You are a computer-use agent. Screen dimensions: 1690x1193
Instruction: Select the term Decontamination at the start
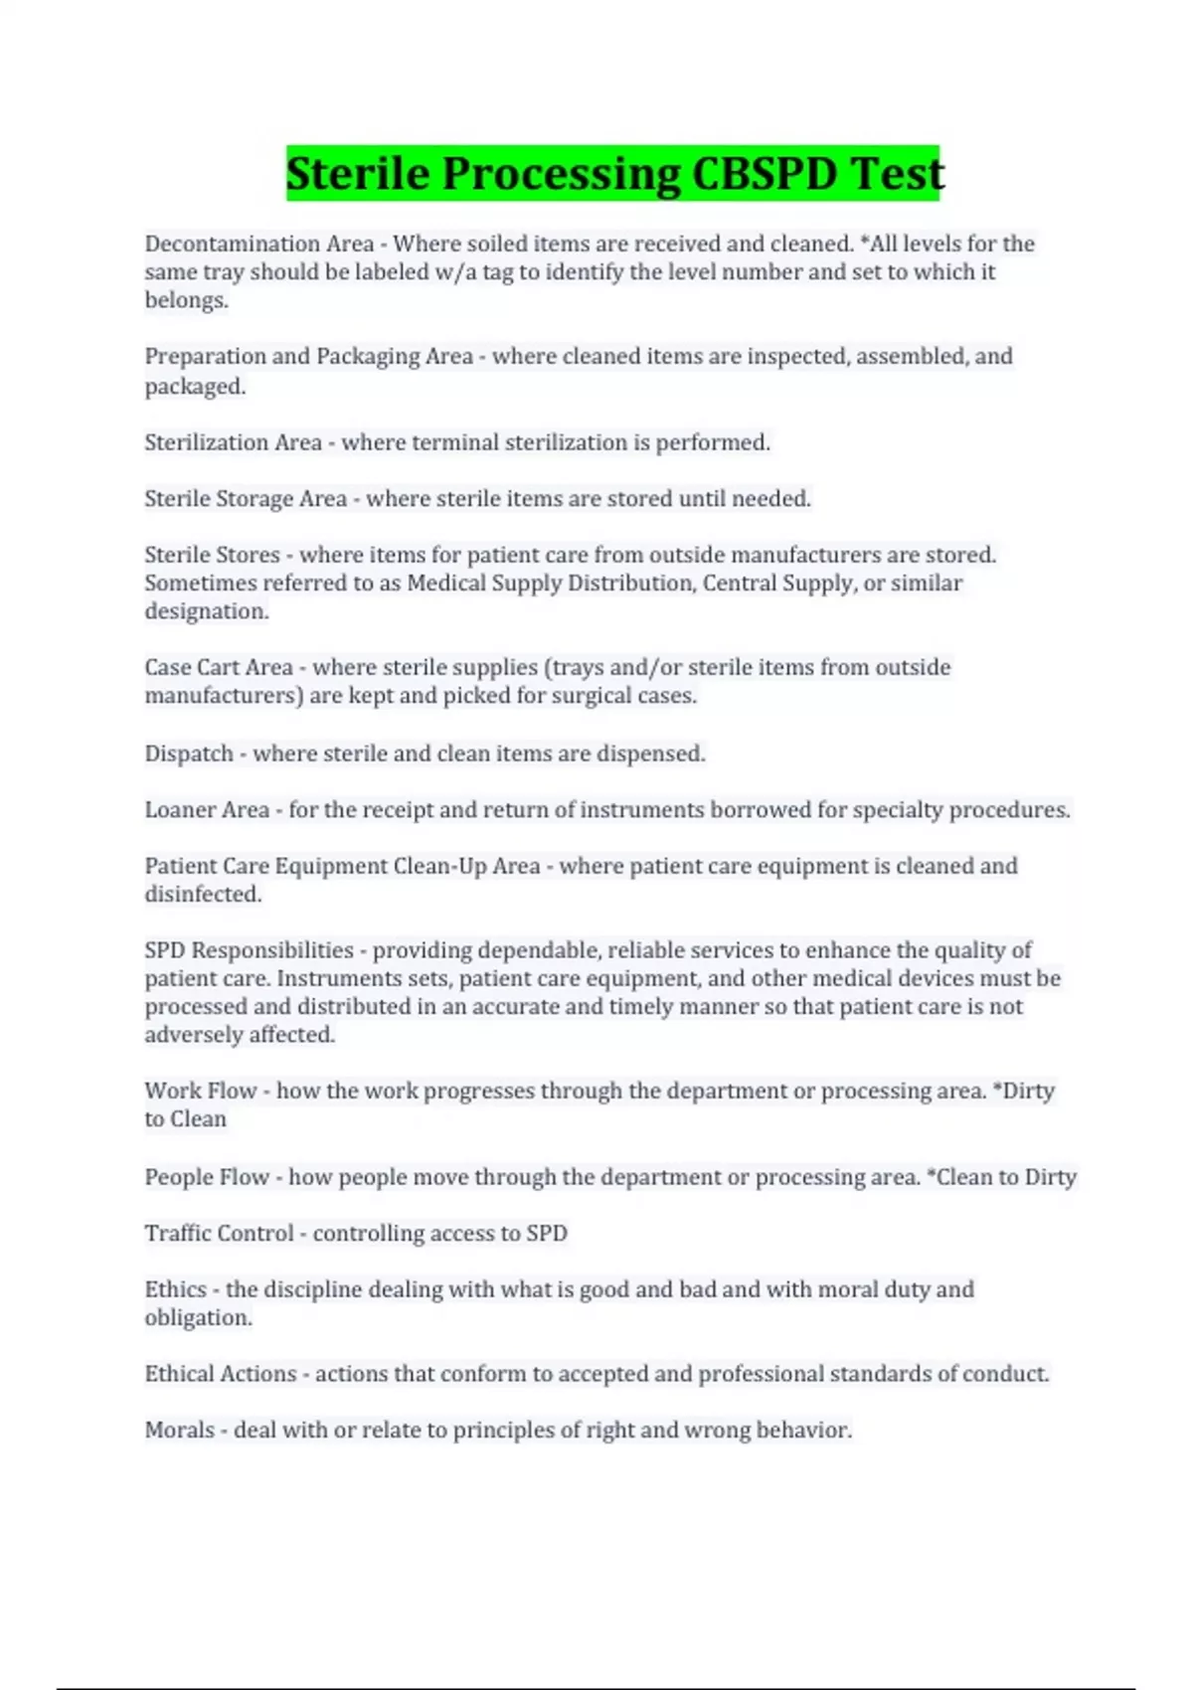(231, 244)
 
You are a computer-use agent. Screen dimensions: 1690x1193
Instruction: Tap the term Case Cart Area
(219, 667)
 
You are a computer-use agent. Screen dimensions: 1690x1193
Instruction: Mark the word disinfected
(202, 895)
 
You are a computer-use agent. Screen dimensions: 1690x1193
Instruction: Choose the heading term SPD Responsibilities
(249, 950)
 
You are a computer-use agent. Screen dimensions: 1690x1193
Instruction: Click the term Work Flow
(201, 1091)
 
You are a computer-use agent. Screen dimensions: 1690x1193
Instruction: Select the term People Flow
(207, 1177)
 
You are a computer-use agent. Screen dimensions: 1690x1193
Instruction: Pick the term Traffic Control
(219, 1234)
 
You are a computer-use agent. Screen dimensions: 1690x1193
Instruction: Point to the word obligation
(197, 1318)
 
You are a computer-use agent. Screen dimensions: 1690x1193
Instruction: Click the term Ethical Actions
(221, 1374)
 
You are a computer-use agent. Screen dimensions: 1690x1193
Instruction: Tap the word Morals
(180, 1431)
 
